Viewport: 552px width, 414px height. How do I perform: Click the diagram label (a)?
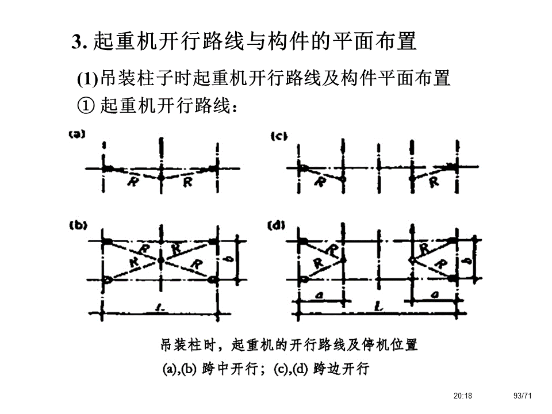coord(76,135)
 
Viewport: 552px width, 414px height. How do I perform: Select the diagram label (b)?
coord(77,225)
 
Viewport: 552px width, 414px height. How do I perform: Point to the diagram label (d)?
coord(278,226)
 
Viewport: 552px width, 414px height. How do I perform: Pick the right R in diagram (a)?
coord(187,182)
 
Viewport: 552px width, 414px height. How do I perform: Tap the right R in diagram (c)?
coord(434,182)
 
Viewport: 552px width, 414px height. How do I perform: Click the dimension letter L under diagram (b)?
coord(162,310)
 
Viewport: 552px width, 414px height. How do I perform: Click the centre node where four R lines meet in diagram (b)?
coord(161,260)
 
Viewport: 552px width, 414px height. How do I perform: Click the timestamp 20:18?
coord(462,396)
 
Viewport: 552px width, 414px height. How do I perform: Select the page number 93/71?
coord(523,396)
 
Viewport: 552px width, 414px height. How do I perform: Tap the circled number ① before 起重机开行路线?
coord(85,106)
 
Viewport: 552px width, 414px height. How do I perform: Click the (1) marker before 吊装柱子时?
coord(87,79)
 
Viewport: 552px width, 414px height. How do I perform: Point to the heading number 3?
coord(77,42)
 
